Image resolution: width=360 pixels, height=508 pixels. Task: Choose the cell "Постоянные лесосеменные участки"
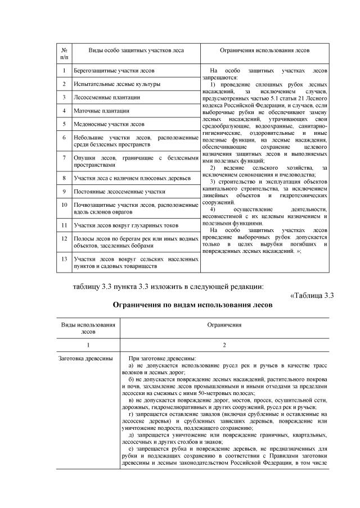click(120, 192)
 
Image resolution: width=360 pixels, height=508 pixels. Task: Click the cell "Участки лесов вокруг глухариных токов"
click(127, 225)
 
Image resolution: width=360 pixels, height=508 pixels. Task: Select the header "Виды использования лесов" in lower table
click(88, 328)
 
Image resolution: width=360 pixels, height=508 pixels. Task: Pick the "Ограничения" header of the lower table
click(224, 325)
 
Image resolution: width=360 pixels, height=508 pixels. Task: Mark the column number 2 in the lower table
click(224, 344)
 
